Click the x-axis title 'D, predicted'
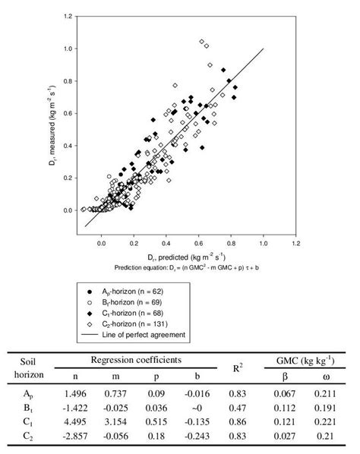pyautogui.click(x=181, y=258)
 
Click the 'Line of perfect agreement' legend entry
pyautogui.click(x=146, y=334)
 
